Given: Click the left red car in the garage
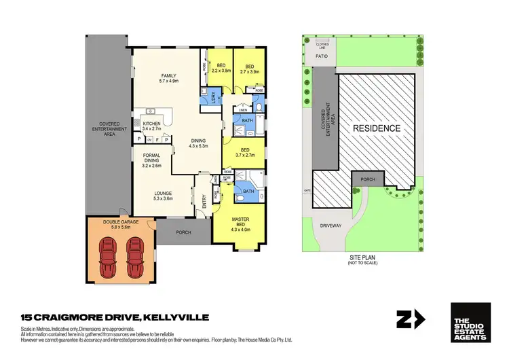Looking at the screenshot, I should tap(108, 254).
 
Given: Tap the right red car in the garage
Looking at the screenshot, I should tap(136, 254).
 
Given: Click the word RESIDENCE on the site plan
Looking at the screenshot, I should tap(375, 128).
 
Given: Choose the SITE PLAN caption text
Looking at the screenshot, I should tap(358, 260).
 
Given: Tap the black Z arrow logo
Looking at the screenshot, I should tap(411, 319).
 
